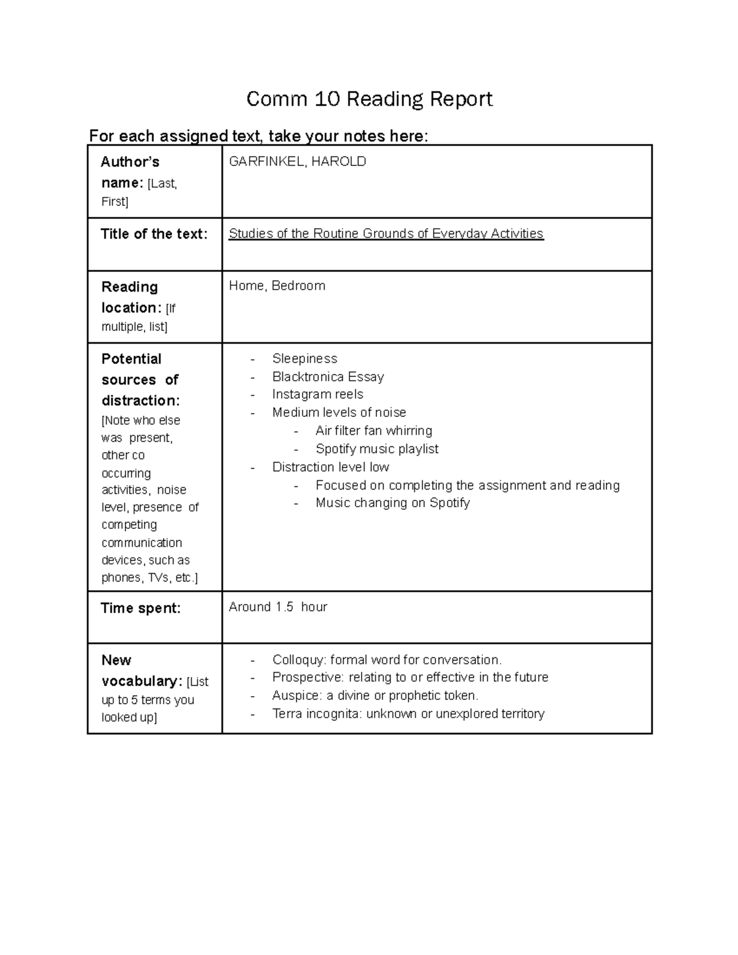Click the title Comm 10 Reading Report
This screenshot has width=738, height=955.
pyautogui.click(x=369, y=99)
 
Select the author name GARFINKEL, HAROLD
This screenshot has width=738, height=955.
pyautogui.click(x=297, y=162)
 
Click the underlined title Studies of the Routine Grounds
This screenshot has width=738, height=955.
pyautogui.click(x=386, y=234)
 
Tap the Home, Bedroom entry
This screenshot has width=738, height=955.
pyautogui.click(x=277, y=286)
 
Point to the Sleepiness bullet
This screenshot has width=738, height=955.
pyautogui.click(x=304, y=359)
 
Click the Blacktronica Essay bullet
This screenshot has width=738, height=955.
pyautogui.click(x=328, y=377)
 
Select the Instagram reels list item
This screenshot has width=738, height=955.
pyautogui.click(x=317, y=394)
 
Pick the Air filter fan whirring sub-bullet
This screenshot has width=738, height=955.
pyautogui.click(x=373, y=430)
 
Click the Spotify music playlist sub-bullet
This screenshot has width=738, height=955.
pyautogui.click(x=376, y=449)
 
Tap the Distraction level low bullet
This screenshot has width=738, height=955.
pyautogui.click(x=330, y=467)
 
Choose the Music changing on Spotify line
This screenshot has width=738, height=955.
pyautogui.click(x=392, y=503)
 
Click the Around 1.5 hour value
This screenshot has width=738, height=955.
pyautogui.click(x=277, y=607)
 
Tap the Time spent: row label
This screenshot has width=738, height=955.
pyautogui.click(x=140, y=608)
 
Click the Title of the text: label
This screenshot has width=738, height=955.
pyautogui.click(x=154, y=234)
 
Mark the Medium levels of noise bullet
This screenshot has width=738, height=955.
pyautogui.click(x=339, y=413)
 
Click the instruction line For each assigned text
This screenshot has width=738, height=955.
pyautogui.click(x=258, y=136)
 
